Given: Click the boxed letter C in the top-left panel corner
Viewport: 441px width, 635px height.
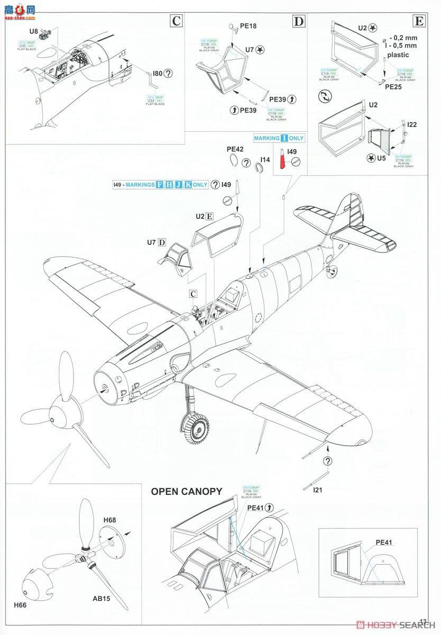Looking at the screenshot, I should click(x=176, y=21).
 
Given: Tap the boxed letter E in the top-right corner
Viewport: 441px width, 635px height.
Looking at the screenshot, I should click(x=419, y=21).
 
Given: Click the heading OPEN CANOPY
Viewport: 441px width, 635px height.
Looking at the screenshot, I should click(x=187, y=492).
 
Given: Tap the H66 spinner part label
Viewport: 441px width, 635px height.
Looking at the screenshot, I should click(x=21, y=604).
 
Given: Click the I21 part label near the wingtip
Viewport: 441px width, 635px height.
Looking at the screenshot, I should click(x=317, y=490).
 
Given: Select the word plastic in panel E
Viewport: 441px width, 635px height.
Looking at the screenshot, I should click(x=398, y=55).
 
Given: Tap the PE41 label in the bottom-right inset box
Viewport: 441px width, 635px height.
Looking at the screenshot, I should click(x=385, y=542).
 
